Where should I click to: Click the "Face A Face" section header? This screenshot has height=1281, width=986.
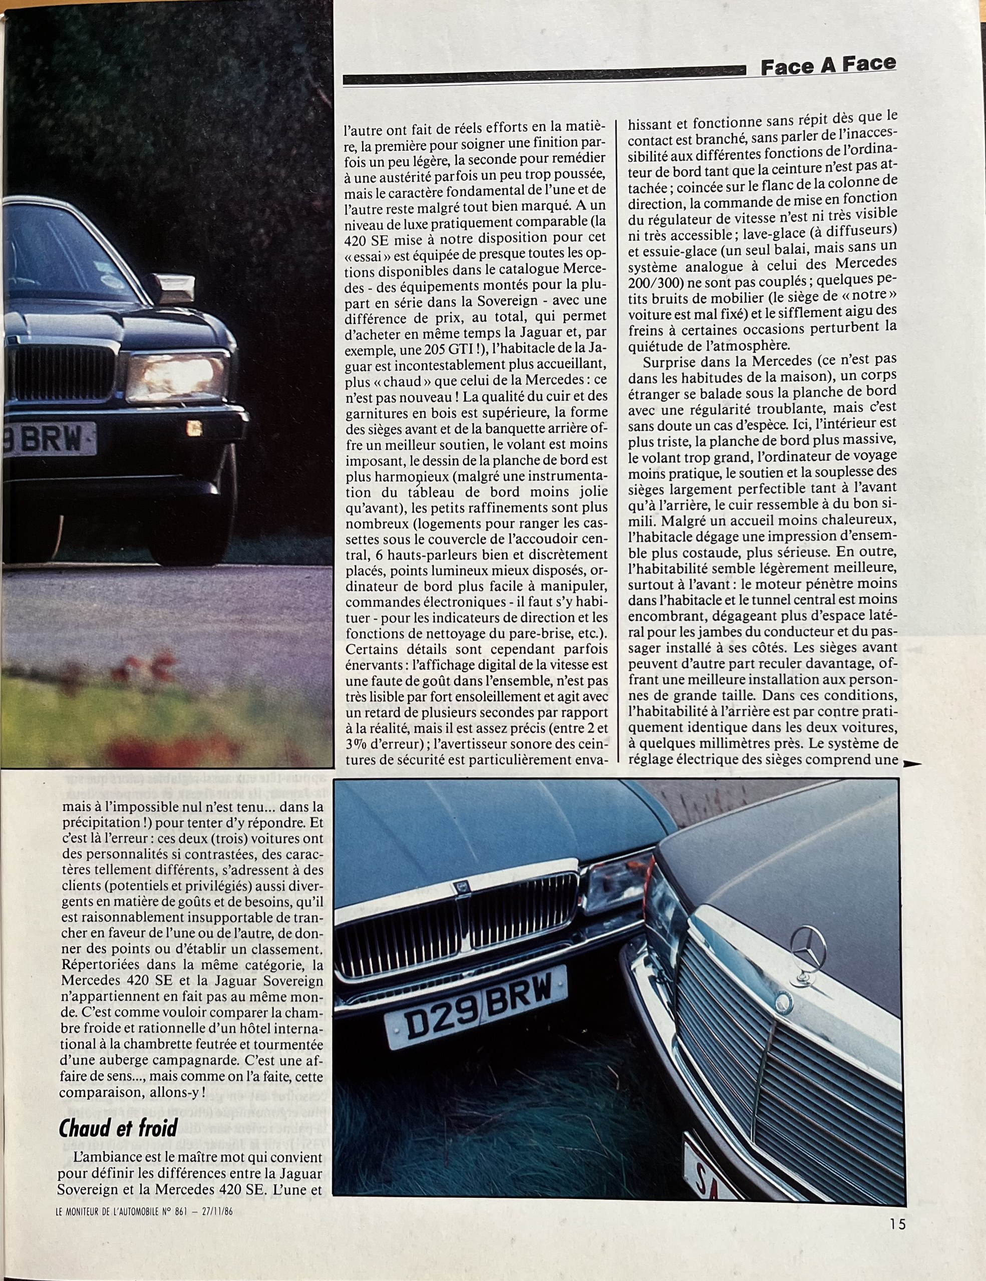[x=828, y=66]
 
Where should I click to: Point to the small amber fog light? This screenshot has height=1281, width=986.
[x=194, y=430]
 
